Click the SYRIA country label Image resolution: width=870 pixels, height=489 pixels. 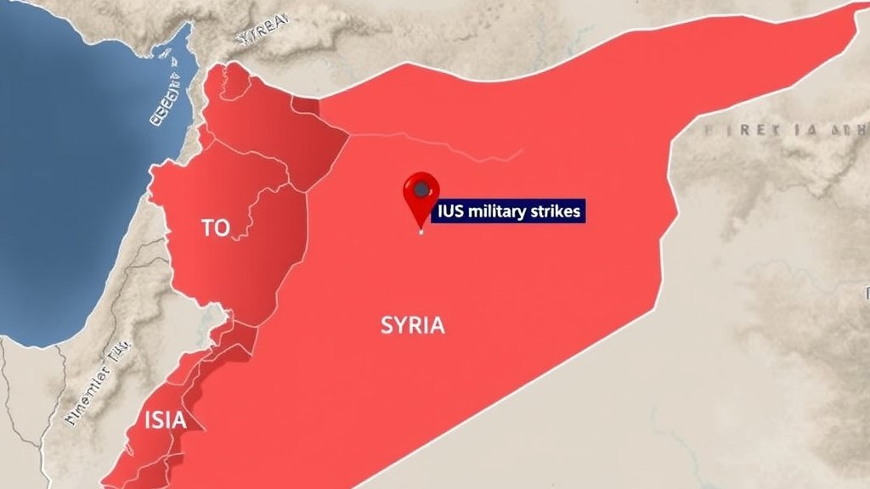click(x=413, y=325)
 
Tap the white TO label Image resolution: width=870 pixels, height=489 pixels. click(x=216, y=228)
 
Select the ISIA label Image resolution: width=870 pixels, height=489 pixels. click(x=165, y=420)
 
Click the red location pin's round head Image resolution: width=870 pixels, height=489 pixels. click(x=421, y=189)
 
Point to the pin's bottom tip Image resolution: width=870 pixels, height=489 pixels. click(x=421, y=229)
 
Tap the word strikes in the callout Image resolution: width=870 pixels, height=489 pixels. click(x=556, y=211)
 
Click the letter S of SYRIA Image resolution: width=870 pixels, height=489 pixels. click(x=387, y=325)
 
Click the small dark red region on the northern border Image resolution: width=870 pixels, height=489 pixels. click(x=306, y=105)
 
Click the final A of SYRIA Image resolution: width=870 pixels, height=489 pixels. click(x=437, y=325)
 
